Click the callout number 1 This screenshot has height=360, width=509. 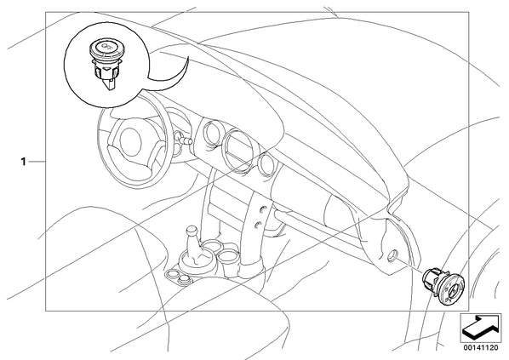[23, 162]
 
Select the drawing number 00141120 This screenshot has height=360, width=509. [480, 348]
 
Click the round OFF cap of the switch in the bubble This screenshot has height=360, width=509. [105, 48]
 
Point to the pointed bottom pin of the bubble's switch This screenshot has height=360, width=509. [112, 83]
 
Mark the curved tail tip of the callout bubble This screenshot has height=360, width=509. [188, 57]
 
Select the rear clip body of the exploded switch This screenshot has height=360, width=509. [431, 279]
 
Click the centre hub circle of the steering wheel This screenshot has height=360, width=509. [131, 140]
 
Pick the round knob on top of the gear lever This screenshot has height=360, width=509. [191, 231]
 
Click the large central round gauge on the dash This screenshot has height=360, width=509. [239, 149]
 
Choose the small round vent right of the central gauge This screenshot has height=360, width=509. [267, 165]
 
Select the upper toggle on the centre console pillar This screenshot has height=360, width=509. [262, 209]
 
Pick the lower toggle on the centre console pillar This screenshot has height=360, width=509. [258, 225]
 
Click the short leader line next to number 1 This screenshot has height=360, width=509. [37, 162]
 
